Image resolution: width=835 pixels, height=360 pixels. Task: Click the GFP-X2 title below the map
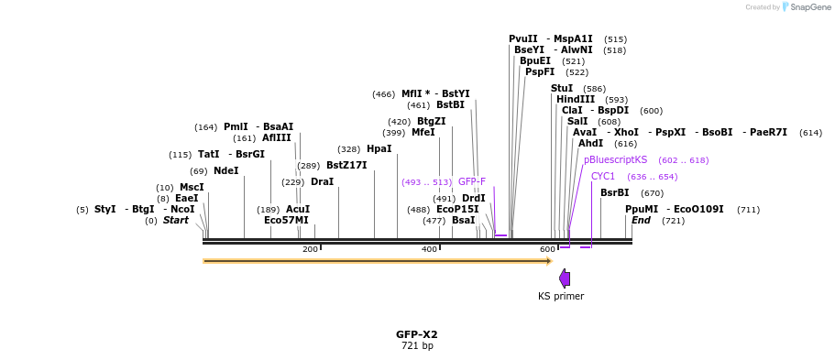coord(417,334)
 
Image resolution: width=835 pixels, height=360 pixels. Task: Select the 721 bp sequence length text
coord(417,346)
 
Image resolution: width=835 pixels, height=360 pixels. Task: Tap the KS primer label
coord(561,296)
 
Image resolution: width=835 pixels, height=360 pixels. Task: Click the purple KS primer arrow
coord(565,278)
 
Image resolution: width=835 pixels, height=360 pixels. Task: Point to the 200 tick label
coord(310,249)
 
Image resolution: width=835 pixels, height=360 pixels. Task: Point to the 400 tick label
coord(429,249)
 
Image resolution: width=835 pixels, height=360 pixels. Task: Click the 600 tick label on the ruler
coord(547,249)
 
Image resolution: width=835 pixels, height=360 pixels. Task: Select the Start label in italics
coord(176,220)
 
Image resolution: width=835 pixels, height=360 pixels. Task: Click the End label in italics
coord(642,220)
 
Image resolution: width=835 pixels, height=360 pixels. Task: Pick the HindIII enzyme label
coord(576,99)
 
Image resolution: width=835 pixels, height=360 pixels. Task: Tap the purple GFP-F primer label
coord(472,181)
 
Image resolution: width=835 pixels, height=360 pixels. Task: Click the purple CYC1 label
coord(603,176)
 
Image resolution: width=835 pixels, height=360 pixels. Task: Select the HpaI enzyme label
coord(379,148)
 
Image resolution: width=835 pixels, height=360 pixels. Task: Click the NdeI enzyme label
coord(226,170)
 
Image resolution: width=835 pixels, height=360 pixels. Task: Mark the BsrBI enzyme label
coord(615,192)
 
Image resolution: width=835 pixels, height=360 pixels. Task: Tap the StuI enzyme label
coord(562,88)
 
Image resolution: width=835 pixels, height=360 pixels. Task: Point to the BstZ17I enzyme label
coord(346,165)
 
